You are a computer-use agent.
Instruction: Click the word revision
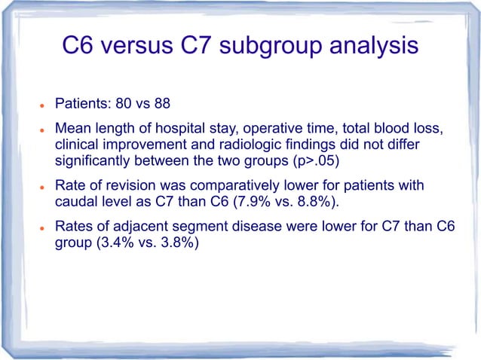[120, 185]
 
